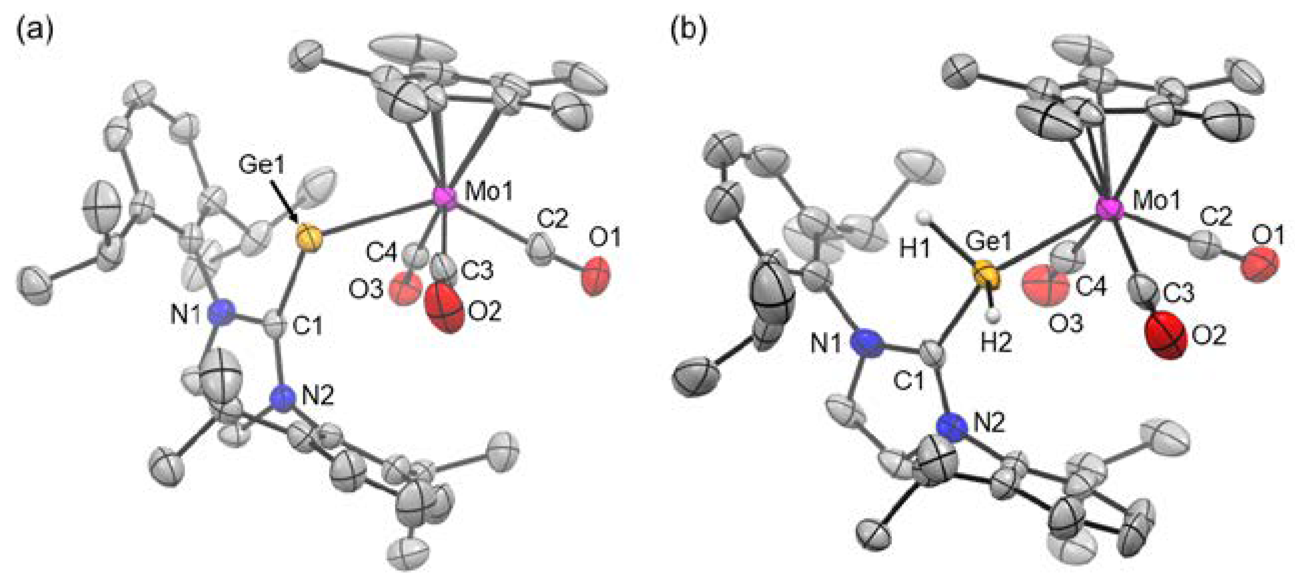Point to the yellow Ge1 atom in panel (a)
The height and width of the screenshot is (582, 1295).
coord(307,237)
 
